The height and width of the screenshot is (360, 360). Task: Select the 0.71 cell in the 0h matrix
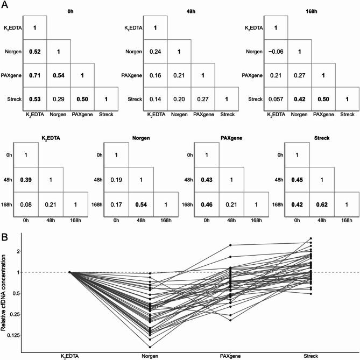click(34, 75)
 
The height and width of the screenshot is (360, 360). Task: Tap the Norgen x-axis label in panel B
click(150, 355)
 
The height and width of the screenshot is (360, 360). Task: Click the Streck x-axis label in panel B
click(310, 355)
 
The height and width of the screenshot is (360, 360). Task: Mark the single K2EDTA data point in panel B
click(70, 272)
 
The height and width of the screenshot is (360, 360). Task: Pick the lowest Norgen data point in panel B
click(150, 347)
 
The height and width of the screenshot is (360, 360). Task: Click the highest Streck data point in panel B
click(310, 238)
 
